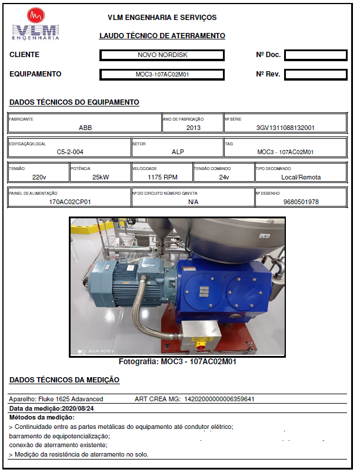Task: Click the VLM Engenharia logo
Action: pos(36,25)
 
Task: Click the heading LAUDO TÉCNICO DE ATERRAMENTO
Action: pos(162,36)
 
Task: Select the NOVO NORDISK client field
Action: pos(162,55)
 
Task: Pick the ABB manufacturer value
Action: pos(85,128)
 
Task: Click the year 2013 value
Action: pos(194,128)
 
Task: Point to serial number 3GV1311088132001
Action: pos(285,128)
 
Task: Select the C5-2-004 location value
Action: pos(69,152)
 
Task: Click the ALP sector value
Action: pos(178,152)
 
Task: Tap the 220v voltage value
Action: pos(39,177)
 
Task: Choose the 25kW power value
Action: pos(101,177)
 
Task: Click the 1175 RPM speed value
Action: pos(162,177)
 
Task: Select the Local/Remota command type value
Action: pos(301,177)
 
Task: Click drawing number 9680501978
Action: pos(301,201)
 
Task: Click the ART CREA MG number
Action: pos(219,399)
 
